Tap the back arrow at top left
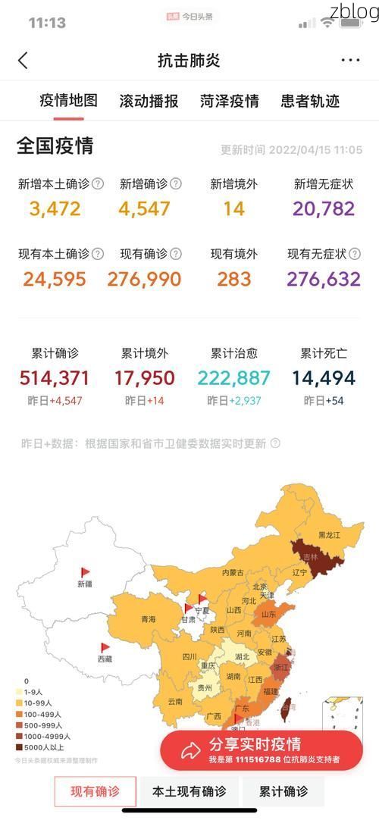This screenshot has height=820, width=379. tap(23, 61)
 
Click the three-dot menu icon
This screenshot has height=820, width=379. tap(350, 61)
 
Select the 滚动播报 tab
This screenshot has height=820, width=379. tap(149, 101)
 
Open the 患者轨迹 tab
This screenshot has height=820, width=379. tap(310, 101)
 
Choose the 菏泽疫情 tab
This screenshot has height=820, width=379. tap(229, 101)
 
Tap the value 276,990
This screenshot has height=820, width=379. tap(144, 279)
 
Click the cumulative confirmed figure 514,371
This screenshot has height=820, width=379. tap(55, 377)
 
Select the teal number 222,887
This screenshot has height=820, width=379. tap(233, 377)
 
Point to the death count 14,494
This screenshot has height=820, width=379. tap(324, 377)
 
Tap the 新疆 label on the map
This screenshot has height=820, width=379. tap(84, 584)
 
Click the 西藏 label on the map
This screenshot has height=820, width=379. tap(104, 659)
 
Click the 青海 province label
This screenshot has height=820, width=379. tap(148, 619)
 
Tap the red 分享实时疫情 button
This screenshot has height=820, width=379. tap(261, 750)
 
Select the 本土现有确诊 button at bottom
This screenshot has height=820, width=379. tap(189, 792)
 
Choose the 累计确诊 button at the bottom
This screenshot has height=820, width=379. tap(283, 792)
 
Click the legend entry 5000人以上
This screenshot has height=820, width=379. tap(45, 746)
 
